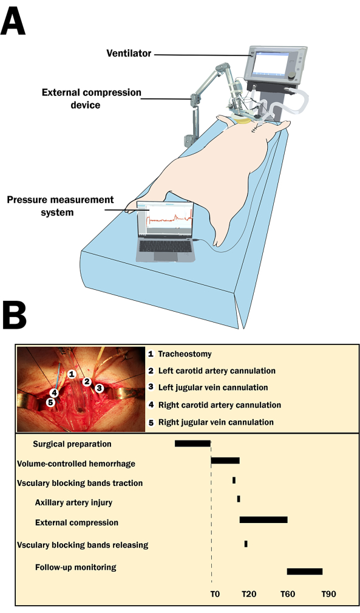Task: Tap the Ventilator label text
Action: [x=129, y=53]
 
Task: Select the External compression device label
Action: [x=92, y=98]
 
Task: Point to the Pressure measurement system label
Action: [x=60, y=205]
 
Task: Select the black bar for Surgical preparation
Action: [x=192, y=443]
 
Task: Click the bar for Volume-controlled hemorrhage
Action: [x=225, y=461]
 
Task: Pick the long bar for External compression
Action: [x=263, y=519]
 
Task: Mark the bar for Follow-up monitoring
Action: [x=305, y=572]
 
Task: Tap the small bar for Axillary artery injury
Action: [x=239, y=499]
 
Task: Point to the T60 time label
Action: [x=288, y=594]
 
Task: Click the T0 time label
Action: [x=215, y=594]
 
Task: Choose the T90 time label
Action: [x=328, y=594]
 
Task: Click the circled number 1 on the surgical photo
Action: [x=72, y=374]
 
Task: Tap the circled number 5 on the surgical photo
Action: [x=50, y=402]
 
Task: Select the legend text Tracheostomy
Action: [x=185, y=354]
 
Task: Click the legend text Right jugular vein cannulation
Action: [x=216, y=422]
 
